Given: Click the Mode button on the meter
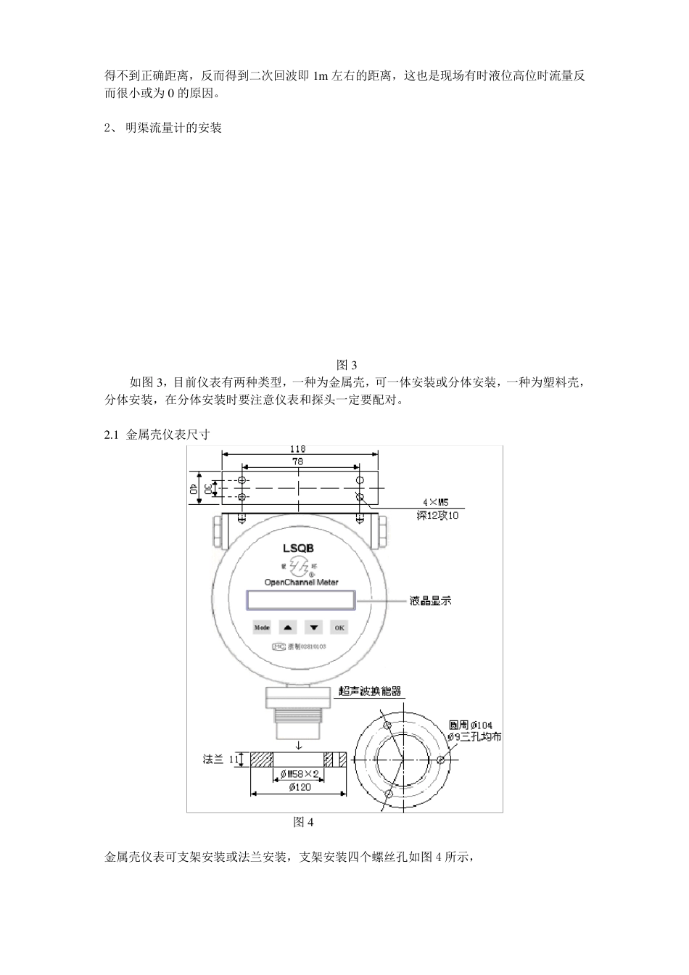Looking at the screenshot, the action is (x=261, y=628).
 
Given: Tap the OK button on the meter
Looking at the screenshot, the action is (x=339, y=628).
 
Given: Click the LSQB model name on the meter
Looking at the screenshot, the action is (x=299, y=548).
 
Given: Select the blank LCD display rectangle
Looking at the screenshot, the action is (x=300, y=601).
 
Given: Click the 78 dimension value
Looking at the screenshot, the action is (x=298, y=461).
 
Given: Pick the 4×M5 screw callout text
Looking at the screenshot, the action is (x=437, y=501).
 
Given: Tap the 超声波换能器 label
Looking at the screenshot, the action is (x=370, y=691).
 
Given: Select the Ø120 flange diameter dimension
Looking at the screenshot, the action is (x=295, y=788).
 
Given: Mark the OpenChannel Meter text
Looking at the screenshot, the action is (x=300, y=582).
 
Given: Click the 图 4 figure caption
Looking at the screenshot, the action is (x=303, y=822).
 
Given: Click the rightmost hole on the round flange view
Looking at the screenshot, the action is (x=441, y=760).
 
